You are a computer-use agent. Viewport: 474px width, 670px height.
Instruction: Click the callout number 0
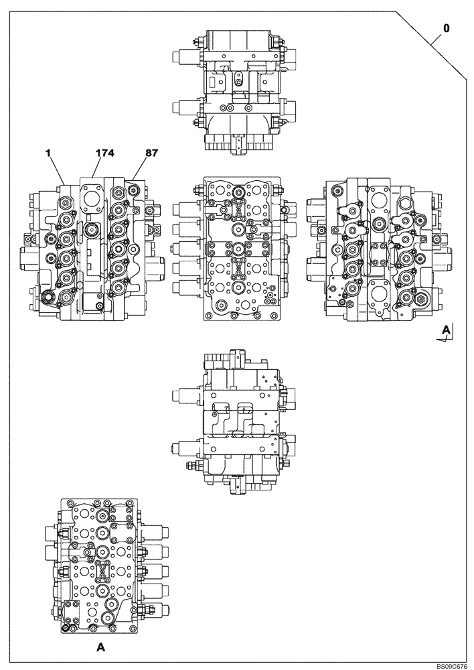click(446, 29)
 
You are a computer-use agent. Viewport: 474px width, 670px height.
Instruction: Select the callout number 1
click(48, 153)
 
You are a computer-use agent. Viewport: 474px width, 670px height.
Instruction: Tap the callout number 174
click(104, 153)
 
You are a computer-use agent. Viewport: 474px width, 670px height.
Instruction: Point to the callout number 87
click(151, 153)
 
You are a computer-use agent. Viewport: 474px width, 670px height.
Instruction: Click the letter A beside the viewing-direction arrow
click(446, 330)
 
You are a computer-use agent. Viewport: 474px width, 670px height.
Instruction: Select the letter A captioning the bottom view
click(100, 647)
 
